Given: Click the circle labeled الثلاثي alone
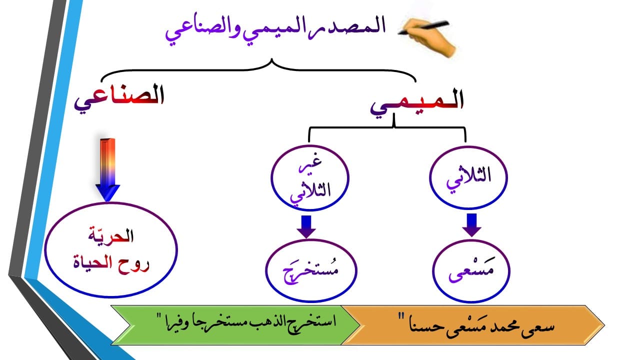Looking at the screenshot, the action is point(468,178).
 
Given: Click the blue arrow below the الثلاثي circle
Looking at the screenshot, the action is point(471,224).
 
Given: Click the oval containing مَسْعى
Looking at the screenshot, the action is point(470,272).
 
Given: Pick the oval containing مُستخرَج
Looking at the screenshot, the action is point(304,272).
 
